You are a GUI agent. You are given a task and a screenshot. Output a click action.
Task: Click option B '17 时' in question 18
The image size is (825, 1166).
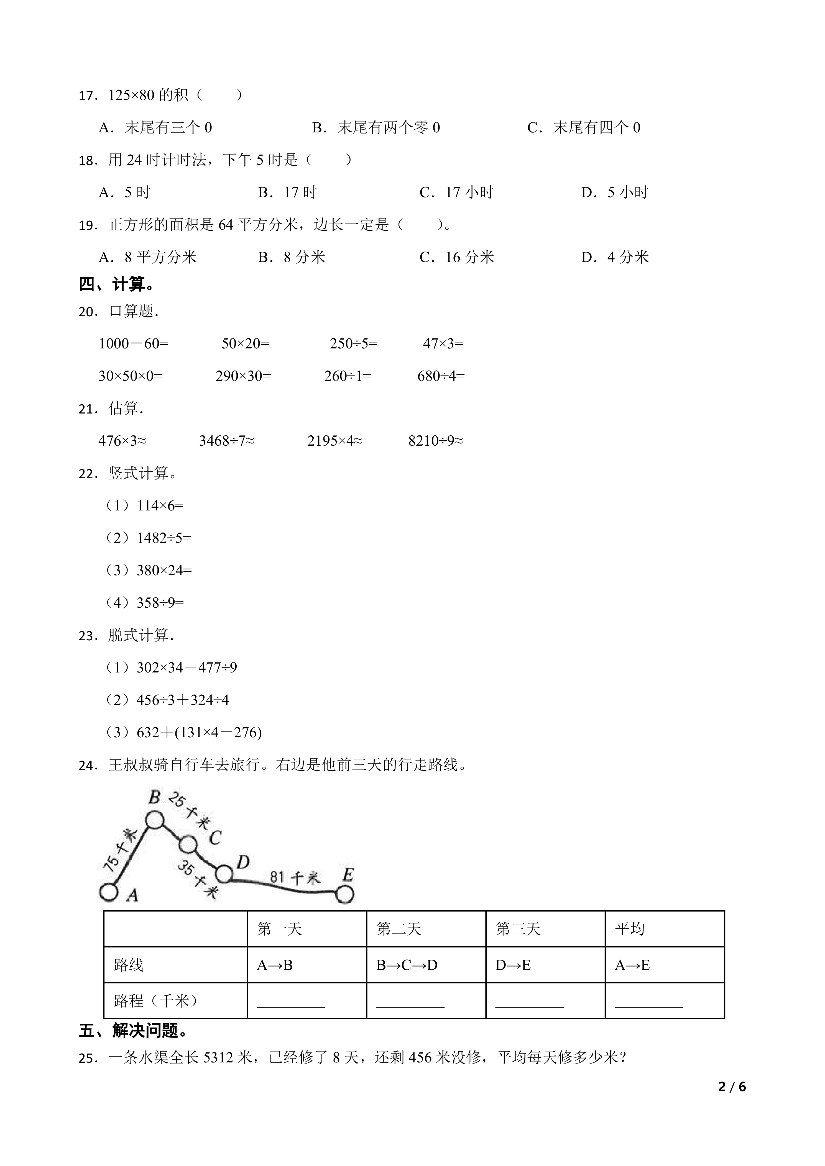(x=288, y=192)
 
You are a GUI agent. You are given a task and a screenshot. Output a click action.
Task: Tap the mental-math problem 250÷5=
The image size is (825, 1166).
(x=354, y=344)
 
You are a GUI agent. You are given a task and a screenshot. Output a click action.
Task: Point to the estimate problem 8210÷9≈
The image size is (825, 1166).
(x=435, y=441)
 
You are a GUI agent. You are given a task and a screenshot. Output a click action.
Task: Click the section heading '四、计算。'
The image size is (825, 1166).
(x=117, y=285)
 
